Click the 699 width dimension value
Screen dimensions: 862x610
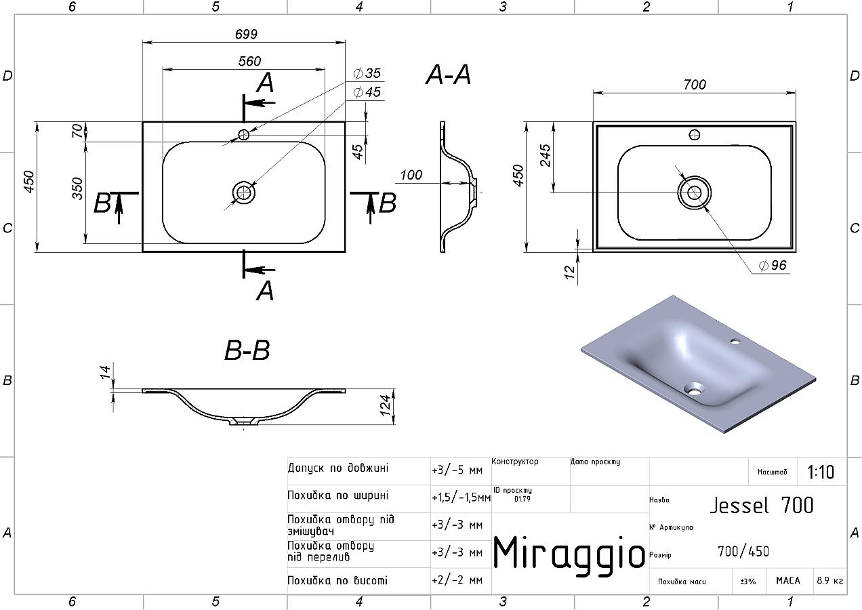click(246, 35)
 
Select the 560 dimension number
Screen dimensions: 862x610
click(249, 61)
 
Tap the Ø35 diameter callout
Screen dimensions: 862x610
click(367, 73)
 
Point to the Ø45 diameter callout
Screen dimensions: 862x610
click(367, 92)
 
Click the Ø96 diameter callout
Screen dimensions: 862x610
click(773, 265)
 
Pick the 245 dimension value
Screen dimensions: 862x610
click(546, 155)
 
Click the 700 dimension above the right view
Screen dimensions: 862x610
click(695, 84)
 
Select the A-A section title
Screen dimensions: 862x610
click(449, 75)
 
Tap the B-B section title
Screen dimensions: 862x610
click(247, 350)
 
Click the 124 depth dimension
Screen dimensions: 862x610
click(385, 405)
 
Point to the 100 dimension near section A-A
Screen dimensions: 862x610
click(411, 175)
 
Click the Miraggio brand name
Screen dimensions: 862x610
click(569, 552)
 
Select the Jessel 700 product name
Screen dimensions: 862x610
click(762, 505)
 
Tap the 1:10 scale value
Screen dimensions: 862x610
click(821, 472)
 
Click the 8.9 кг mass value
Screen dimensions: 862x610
click(830, 580)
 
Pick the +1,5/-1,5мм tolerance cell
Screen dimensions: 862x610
click(461, 497)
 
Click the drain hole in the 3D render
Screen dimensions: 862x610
click(694, 389)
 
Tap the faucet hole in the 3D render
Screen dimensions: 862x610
click(735, 341)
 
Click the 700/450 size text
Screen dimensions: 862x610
click(743, 552)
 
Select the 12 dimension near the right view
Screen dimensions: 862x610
click(570, 272)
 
